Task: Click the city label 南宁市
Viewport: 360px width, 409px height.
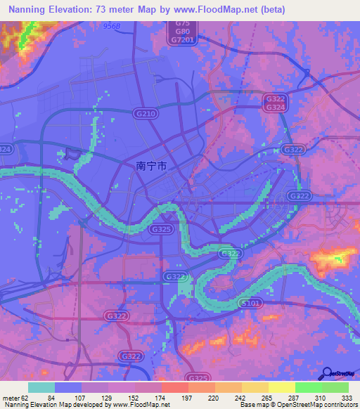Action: pos(151,167)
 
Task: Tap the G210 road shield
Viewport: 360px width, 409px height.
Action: pos(144,112)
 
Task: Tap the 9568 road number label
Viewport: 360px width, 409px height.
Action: pos(111,25)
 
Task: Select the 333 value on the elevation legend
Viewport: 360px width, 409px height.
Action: pos(348,397)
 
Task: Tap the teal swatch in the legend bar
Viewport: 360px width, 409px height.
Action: pos(41,387)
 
